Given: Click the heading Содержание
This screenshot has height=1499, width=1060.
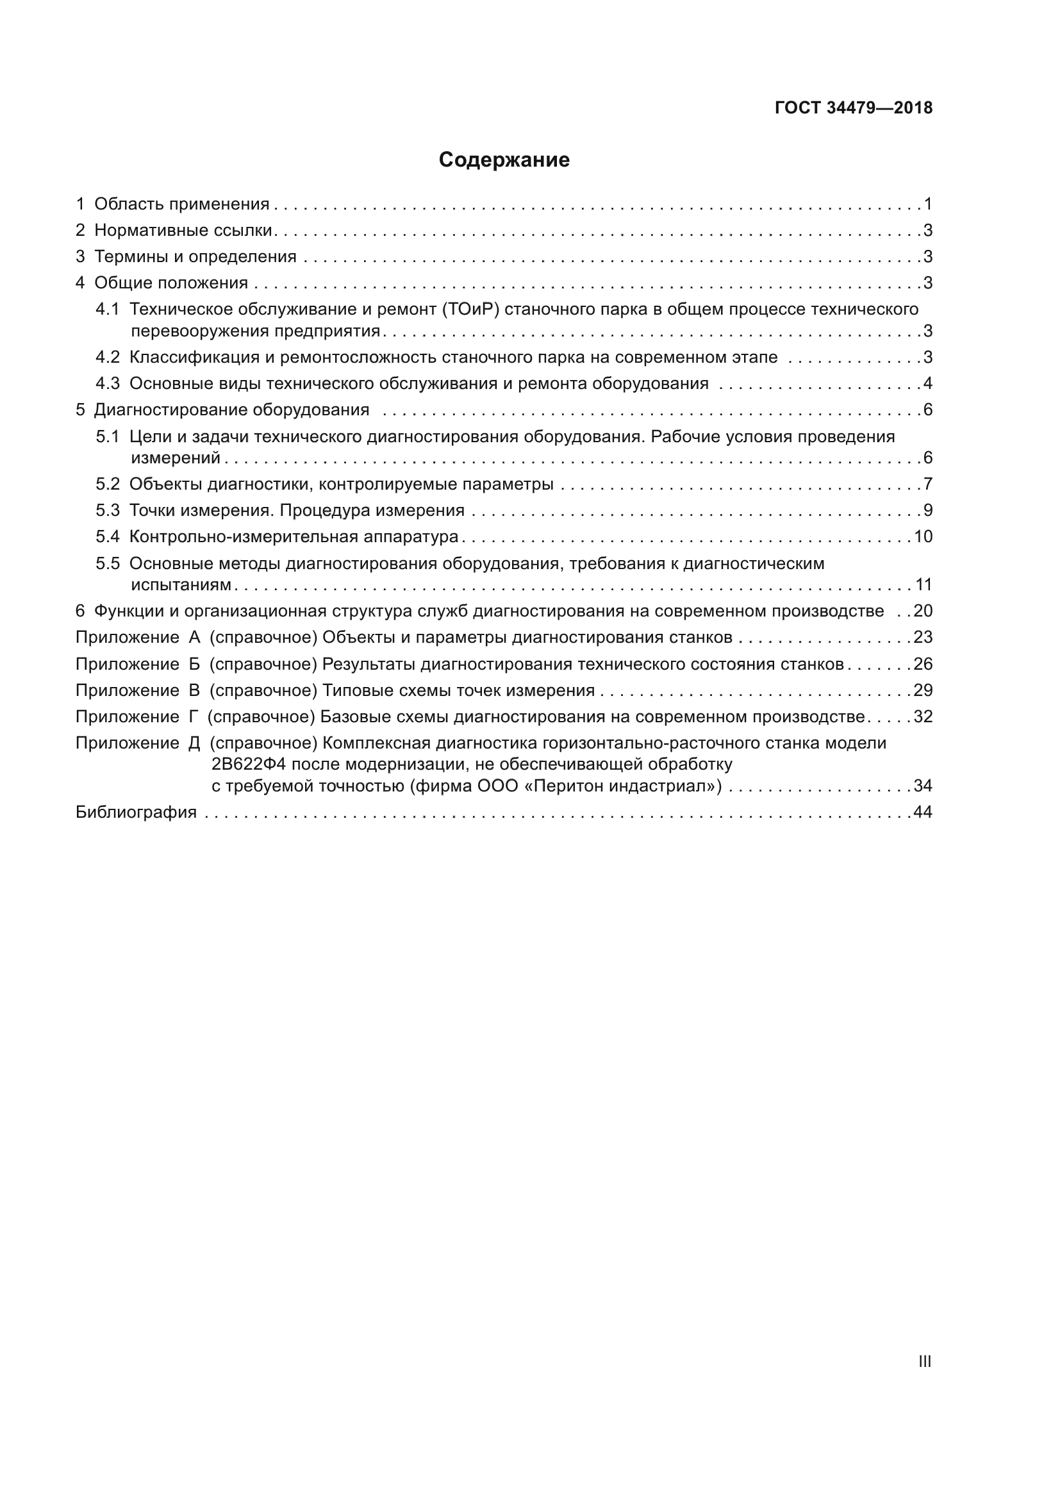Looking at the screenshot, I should (504, 160).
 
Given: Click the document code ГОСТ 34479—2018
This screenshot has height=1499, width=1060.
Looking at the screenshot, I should (853, 108).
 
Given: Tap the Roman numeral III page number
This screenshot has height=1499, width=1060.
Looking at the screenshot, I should (924, 1361).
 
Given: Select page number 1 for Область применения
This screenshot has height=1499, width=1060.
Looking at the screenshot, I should (927, 204).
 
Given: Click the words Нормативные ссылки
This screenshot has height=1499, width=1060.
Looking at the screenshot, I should (183, 231).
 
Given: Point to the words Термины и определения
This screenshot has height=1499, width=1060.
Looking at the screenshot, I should (195, 256).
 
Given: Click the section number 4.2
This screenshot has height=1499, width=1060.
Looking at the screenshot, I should (108, 357).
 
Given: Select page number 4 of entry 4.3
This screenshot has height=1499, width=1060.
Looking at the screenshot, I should (927, 383).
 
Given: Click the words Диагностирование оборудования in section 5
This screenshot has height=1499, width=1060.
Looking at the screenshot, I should (232, 410).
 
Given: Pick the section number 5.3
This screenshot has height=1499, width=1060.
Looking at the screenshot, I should (108, 510).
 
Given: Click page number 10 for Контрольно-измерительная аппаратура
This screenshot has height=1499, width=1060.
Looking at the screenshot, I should (923, 536).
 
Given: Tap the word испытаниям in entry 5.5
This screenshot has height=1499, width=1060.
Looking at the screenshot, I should (181, 584).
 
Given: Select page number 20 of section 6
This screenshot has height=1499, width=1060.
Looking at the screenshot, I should (923, 611).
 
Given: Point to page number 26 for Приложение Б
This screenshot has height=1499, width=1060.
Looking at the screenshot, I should (923, 664).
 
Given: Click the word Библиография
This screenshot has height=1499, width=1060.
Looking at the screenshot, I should (136, 812).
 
